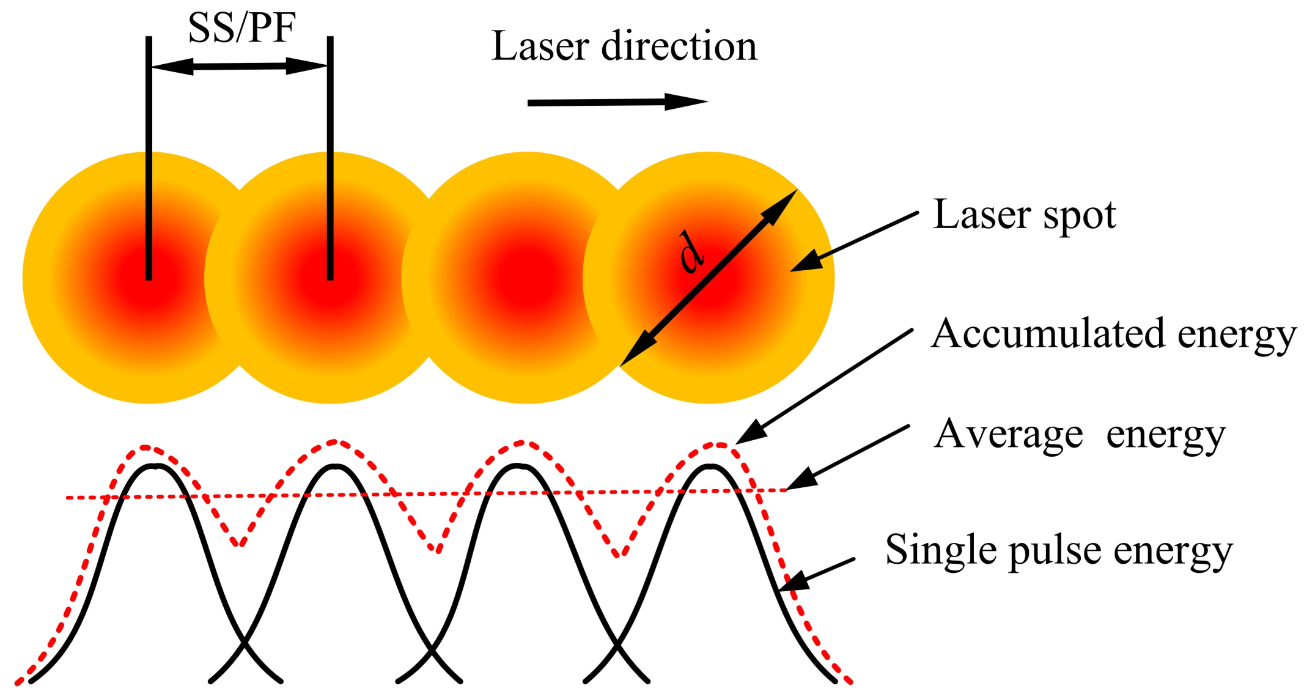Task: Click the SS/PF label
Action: click(241, 28)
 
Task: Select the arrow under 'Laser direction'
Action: click(617, 102)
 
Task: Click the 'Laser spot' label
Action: click(1025, 215)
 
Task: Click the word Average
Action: click(1008, 435)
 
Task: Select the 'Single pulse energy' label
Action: click(1058, 550)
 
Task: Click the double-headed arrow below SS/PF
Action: click(240, 66)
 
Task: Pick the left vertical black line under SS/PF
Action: click(149, 158)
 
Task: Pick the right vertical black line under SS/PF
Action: click(330, 158)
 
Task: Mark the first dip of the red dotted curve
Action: click(241, 544)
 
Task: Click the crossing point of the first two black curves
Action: click(244, 643)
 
